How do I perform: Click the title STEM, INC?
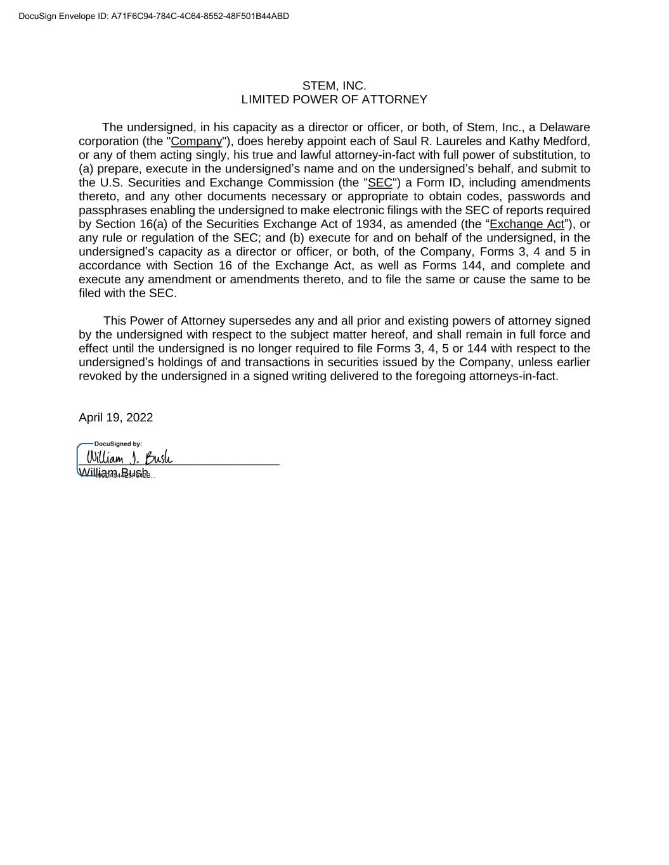(x=334, y=86)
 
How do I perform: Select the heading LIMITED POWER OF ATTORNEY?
(x=334, y=99)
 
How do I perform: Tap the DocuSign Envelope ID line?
(x=154, y=16)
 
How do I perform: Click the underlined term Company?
(x=197, y=141)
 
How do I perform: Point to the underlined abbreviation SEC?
(x=380, y=183)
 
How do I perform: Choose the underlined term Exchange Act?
(x=526, y=224)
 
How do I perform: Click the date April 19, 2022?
(x=115, y=418)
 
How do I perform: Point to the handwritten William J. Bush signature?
(x=129, y=458)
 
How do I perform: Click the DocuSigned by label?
(x=118, y=444)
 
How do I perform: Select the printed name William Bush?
(x=114, y=473)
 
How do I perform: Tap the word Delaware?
(x=564, y=127)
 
